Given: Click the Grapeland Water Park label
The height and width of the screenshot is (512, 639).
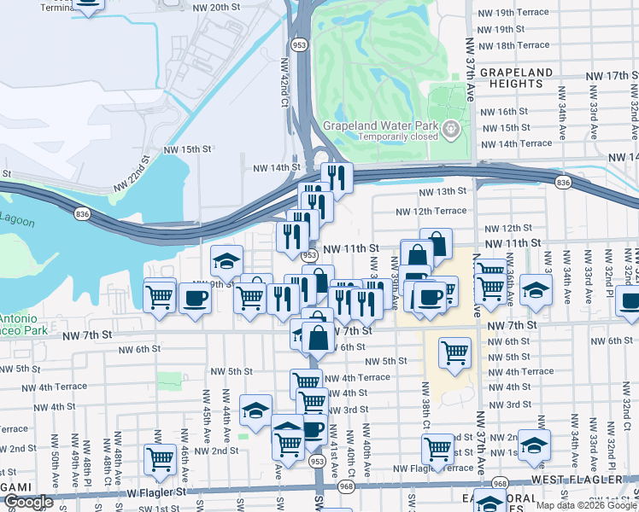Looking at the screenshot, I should tap(380, 125).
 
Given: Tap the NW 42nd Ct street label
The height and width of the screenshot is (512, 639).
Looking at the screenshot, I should tap(285, 82).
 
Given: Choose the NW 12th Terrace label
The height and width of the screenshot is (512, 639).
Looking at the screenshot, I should tap(431, 211).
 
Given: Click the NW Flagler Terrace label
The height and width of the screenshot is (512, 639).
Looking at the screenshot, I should tap(432, 468).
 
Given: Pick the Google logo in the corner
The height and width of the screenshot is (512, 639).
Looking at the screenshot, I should tap(27, 503).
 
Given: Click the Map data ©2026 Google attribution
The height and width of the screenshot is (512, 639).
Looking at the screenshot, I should tap(586, 505).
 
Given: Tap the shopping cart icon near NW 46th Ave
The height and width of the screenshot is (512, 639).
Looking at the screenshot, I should tap(160, 459).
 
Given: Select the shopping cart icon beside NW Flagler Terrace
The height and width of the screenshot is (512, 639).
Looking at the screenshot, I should tap(438, 448).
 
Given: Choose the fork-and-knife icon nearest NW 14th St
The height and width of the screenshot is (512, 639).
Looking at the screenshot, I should tap(337, 177).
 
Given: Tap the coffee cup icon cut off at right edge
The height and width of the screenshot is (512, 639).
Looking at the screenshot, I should tap(630, 303).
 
